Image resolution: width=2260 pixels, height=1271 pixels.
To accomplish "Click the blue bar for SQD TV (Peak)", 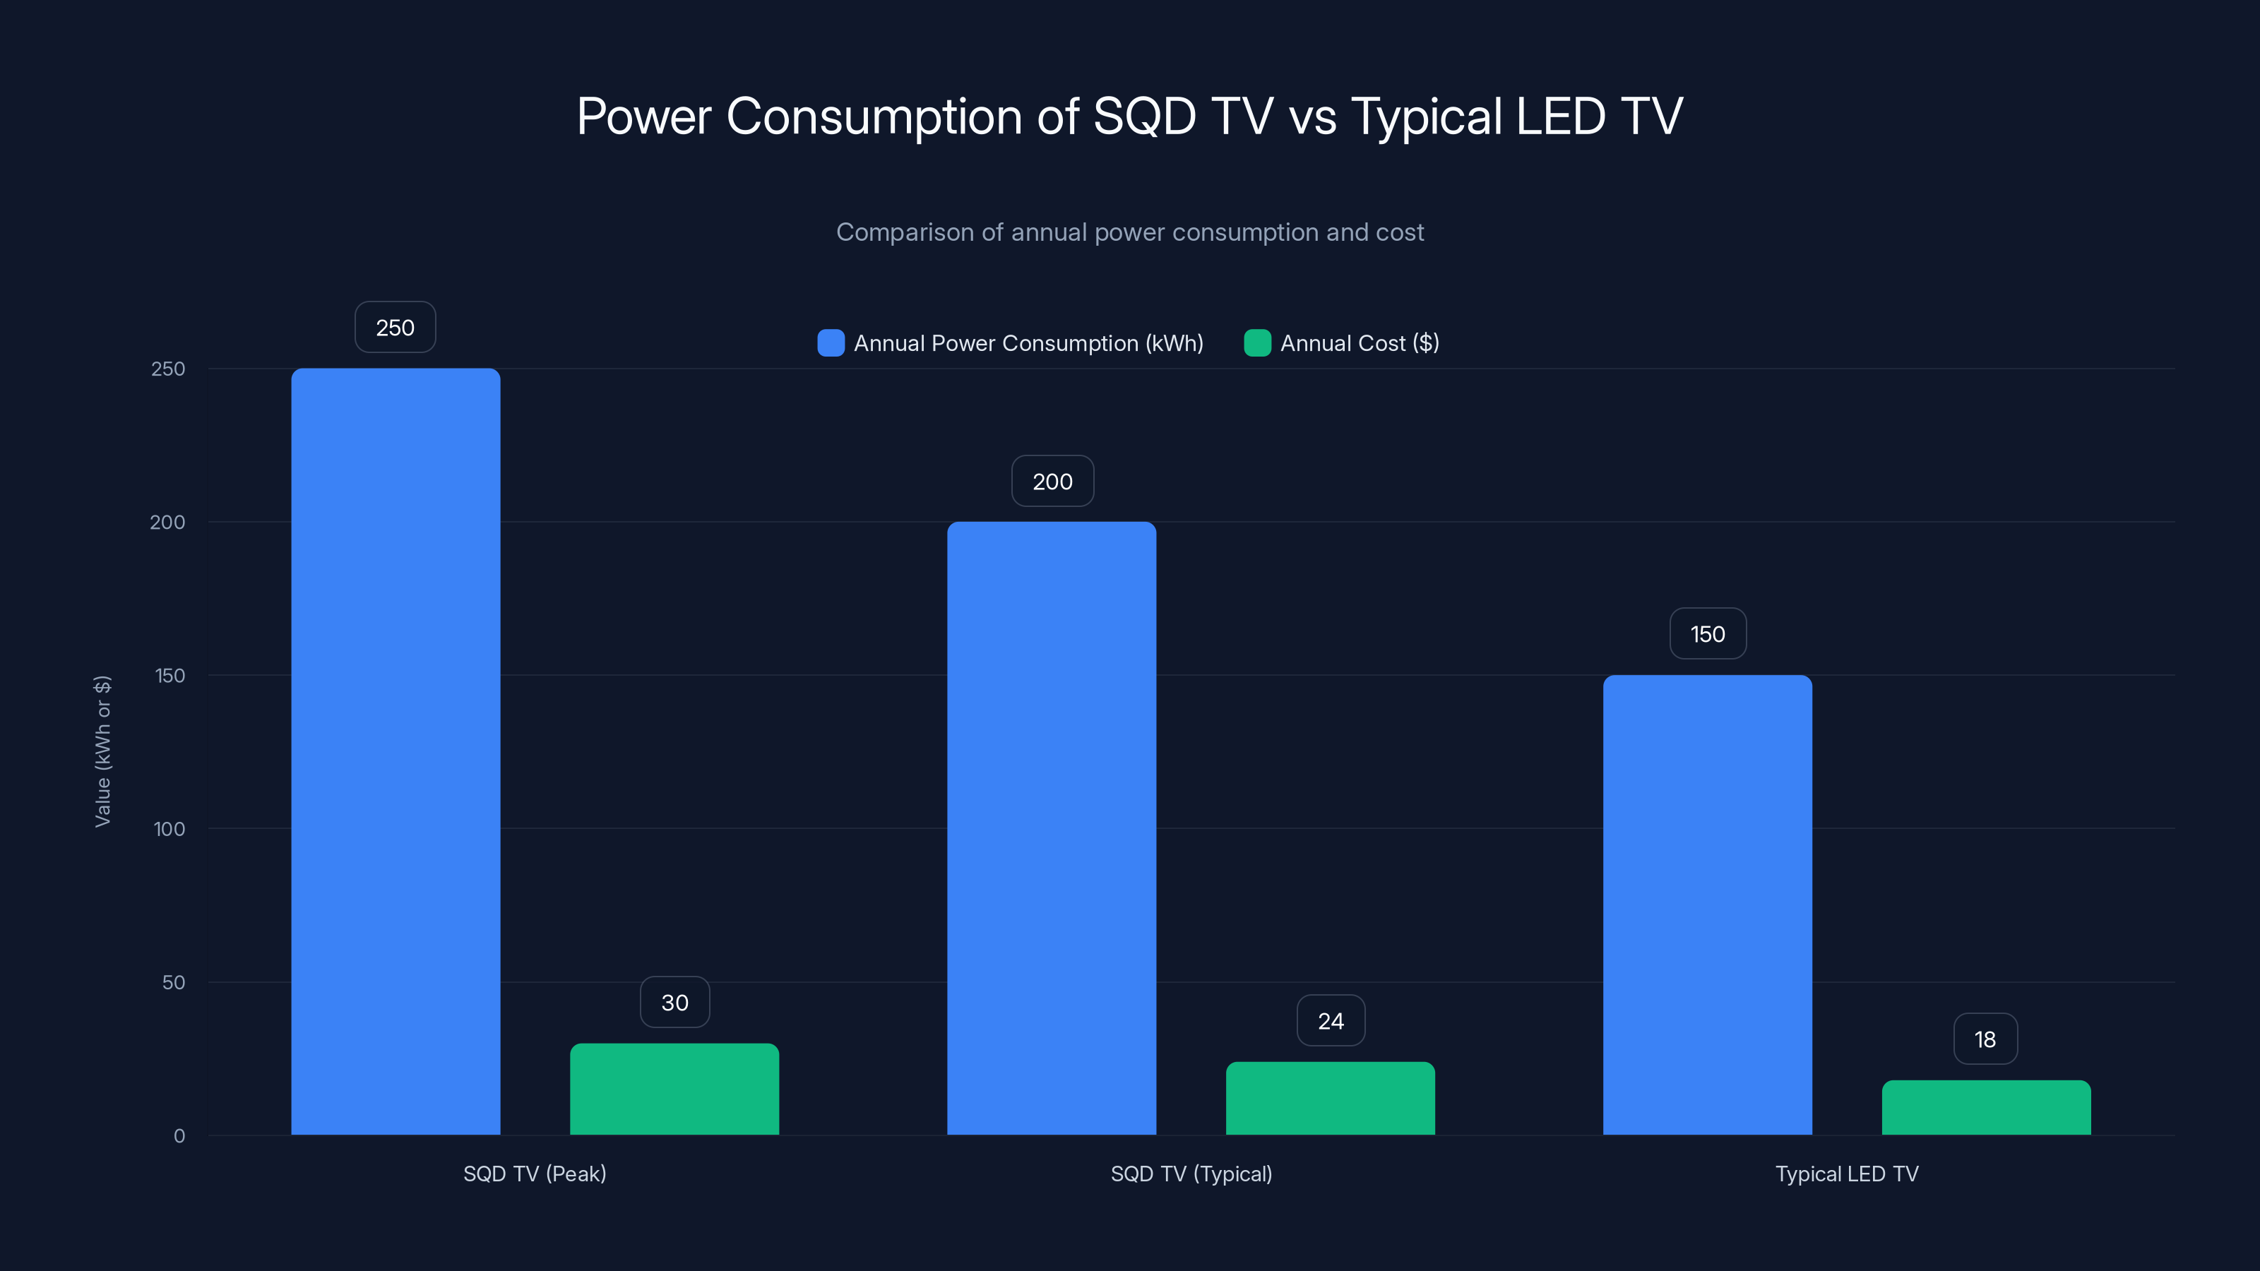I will [x=395, y=752].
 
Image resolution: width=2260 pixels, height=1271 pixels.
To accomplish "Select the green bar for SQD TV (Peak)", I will [x=674, y=1089].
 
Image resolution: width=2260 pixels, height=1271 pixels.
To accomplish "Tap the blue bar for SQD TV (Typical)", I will [x=1051, y=828].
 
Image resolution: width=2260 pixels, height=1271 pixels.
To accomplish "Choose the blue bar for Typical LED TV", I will [x=1707, y=905].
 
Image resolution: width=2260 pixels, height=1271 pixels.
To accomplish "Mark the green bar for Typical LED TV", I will [x=1985, y=1107].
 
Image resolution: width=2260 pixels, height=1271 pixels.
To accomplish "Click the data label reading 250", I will [x=395, y=327].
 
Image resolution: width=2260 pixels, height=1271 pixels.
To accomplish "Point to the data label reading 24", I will [x=1330, y=1020].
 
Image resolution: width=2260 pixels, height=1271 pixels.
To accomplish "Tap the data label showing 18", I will [x=1985, y=1039].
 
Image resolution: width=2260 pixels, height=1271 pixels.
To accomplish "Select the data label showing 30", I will [x=674, y=1002].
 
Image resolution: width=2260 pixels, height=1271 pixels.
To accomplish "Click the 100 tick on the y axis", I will [x=169, y=829].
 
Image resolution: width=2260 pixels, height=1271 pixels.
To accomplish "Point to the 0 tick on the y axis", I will [x=179, y=1136].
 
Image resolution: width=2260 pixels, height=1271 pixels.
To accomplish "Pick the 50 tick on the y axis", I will [x=174, y=982].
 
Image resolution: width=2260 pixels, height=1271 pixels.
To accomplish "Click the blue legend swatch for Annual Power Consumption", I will [x=831, y=343].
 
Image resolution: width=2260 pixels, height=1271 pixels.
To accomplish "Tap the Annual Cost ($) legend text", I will [x=1359, y=343].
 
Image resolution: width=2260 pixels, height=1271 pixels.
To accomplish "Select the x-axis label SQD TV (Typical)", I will [x=1191, y=1174].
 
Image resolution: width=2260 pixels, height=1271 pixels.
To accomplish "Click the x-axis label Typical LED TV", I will [x=1847, y=1174].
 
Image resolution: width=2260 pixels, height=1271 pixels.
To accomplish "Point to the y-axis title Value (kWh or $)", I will [x=102, y=751].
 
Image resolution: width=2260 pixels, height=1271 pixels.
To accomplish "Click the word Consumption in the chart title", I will [x=874, y=117].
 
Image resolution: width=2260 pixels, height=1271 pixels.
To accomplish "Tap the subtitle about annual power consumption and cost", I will [x=1129, y=232].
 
